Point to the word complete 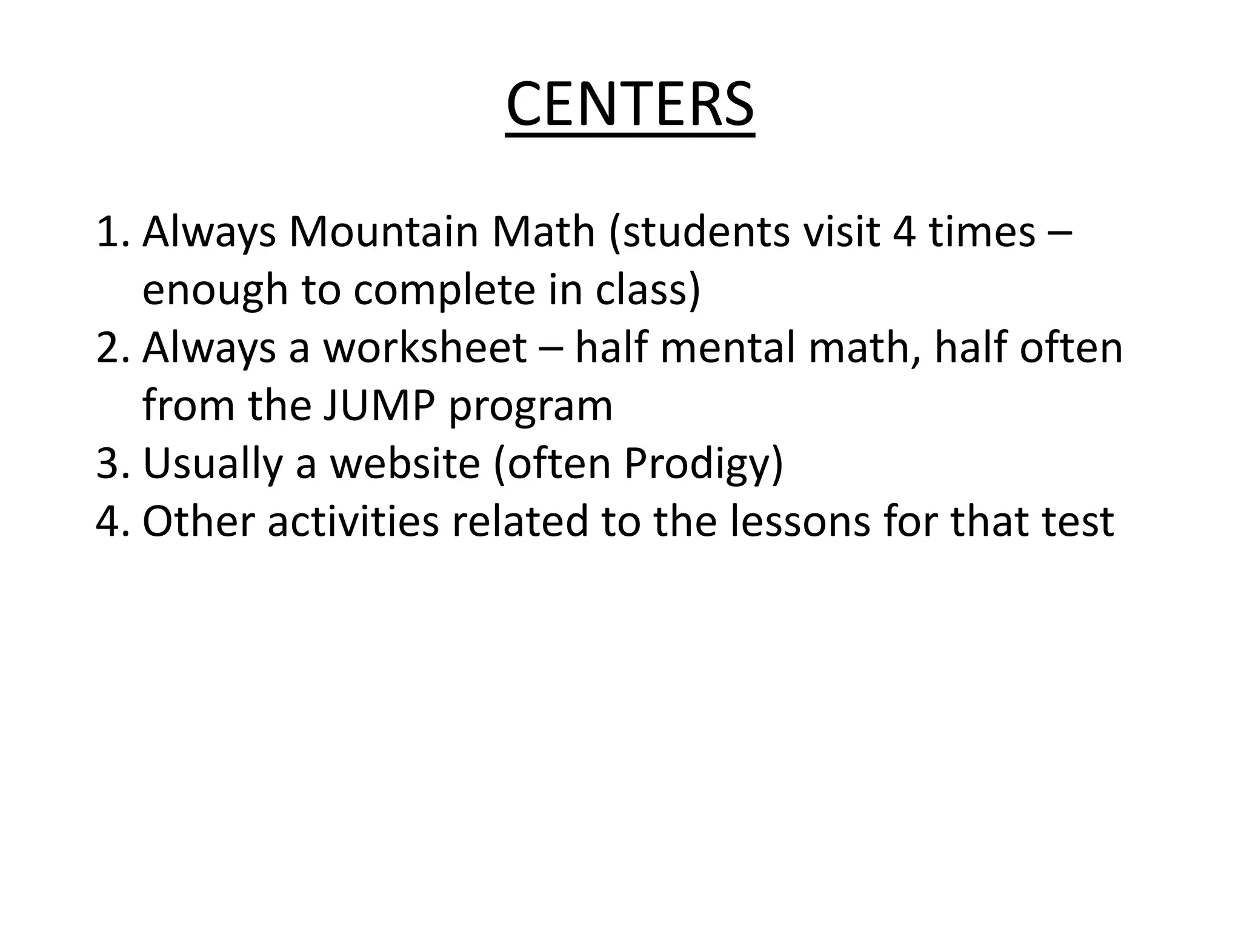coord(444,290)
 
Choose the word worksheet coord(425,349)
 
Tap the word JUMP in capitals coord(378,406)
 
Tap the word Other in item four coord(198,522)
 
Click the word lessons coord(799,522)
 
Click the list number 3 coord(109,464)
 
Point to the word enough coord(215,290)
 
